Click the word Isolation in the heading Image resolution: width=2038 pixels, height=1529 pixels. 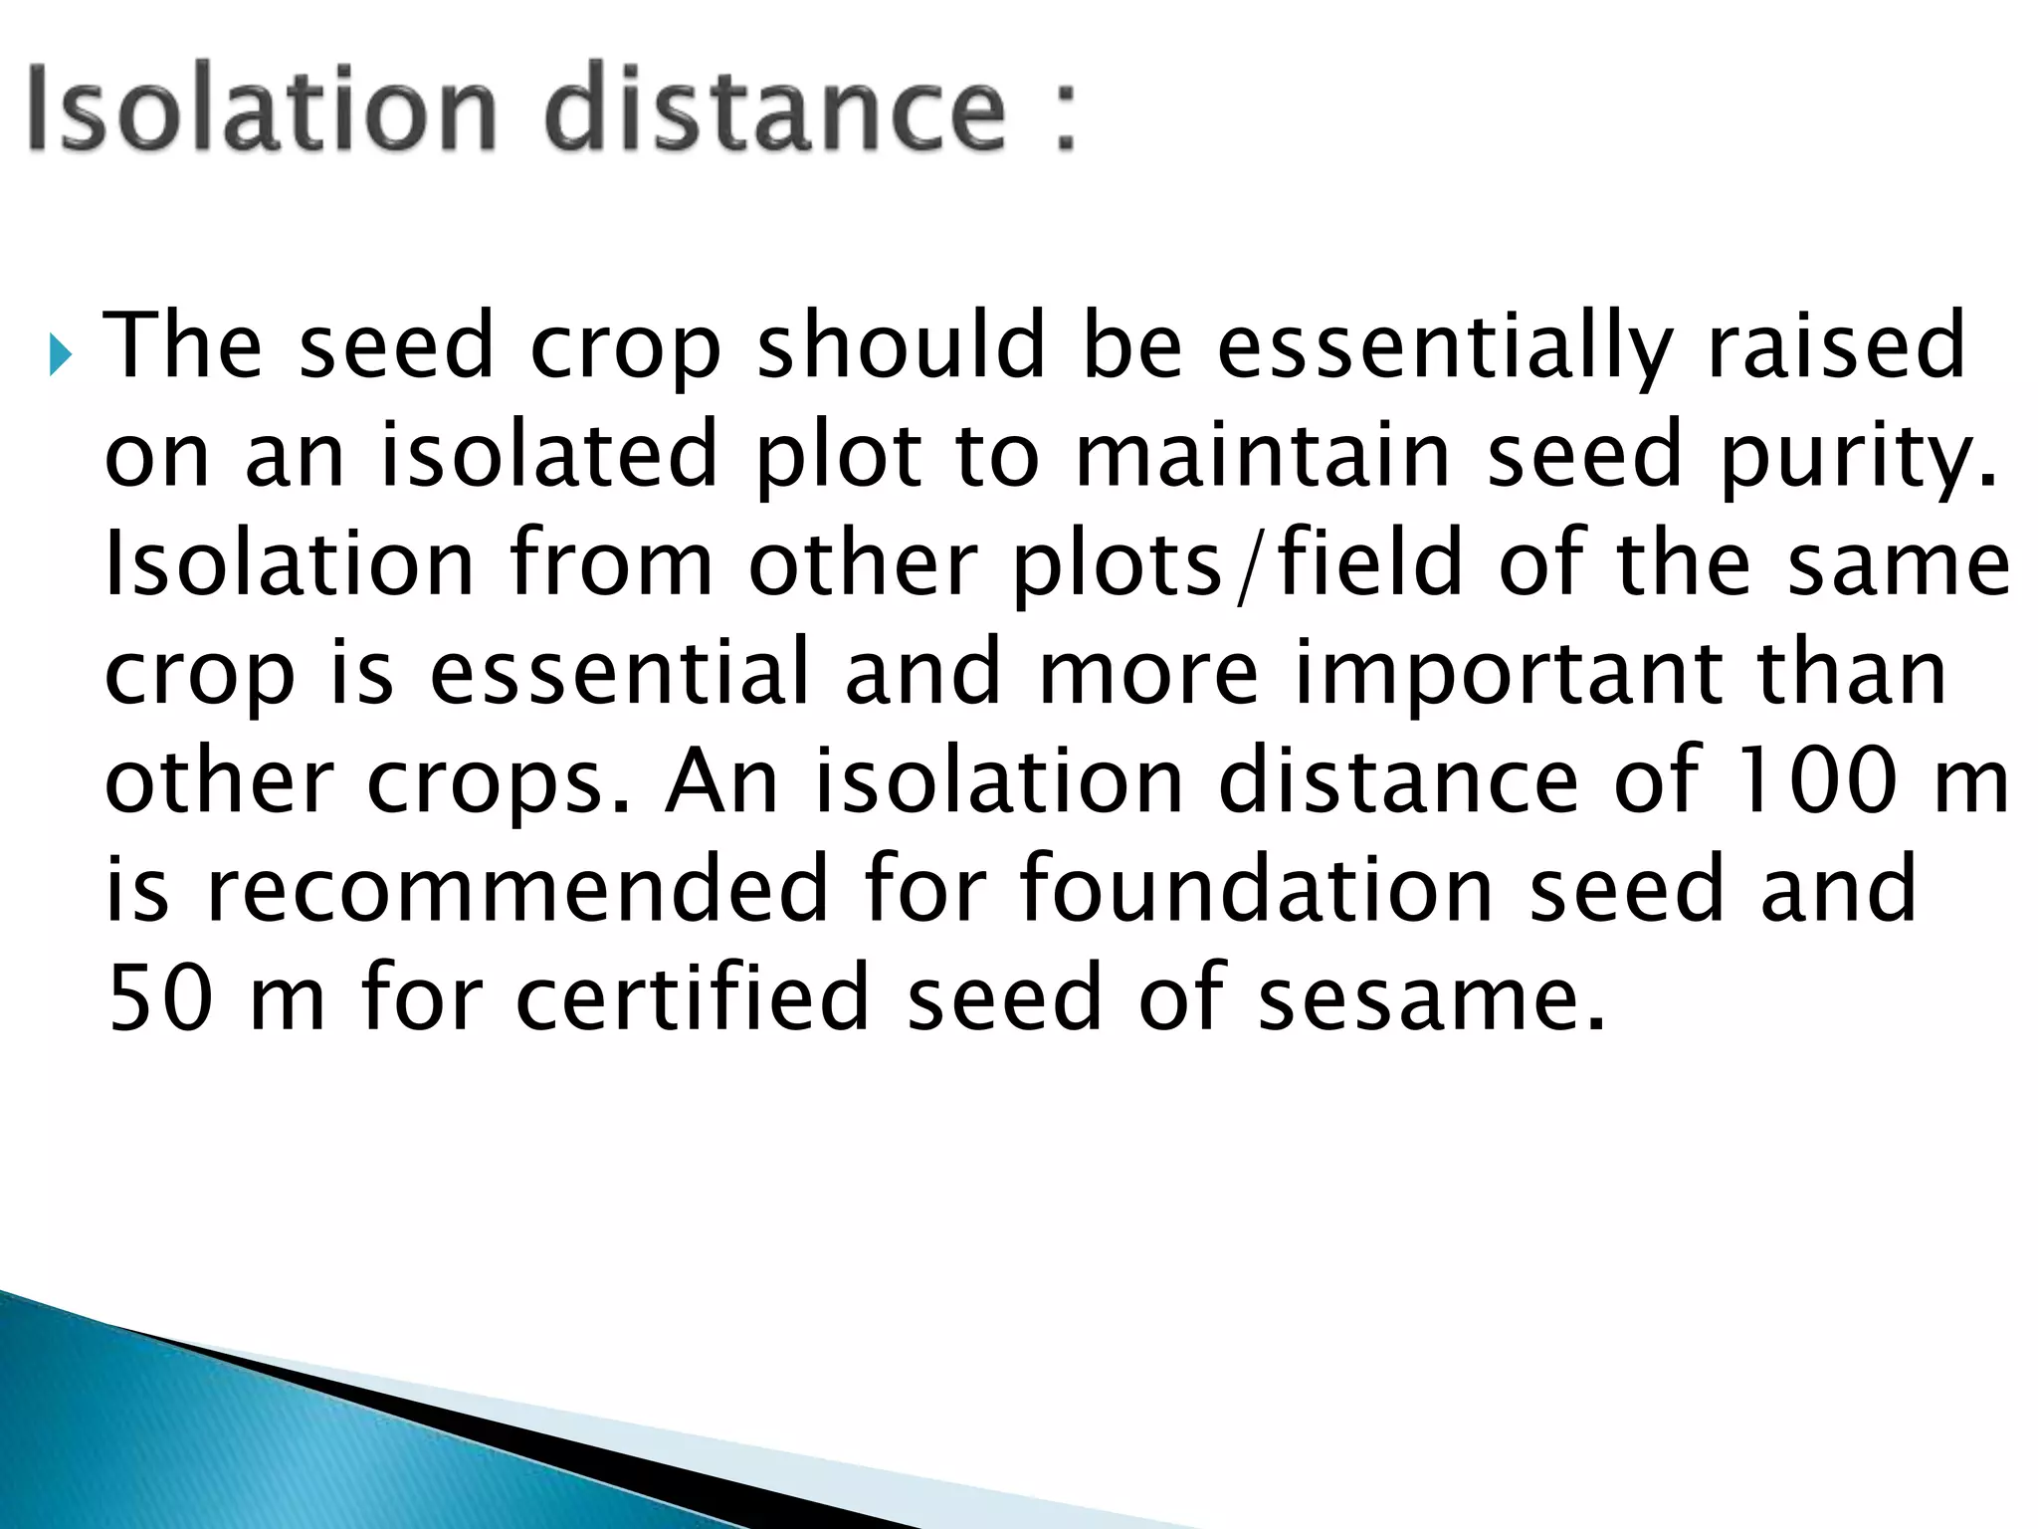(x=261, y=109)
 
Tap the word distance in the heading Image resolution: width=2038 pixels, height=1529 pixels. (x=776, y=109)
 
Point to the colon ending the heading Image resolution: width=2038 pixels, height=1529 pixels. (x=1065, y=117)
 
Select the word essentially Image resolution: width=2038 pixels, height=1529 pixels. (x=1444, y=348)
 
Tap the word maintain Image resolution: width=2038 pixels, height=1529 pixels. (x=1263, y=454)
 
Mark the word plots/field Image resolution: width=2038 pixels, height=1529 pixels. (x=1238, y=564)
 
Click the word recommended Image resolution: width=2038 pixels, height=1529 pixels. (x=516, y=889)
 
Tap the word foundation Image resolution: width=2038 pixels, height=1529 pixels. (x=1256, y=889)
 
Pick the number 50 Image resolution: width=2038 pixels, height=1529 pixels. (x=159, y=997)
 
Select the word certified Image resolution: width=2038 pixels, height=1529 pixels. (x=694, y=997)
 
